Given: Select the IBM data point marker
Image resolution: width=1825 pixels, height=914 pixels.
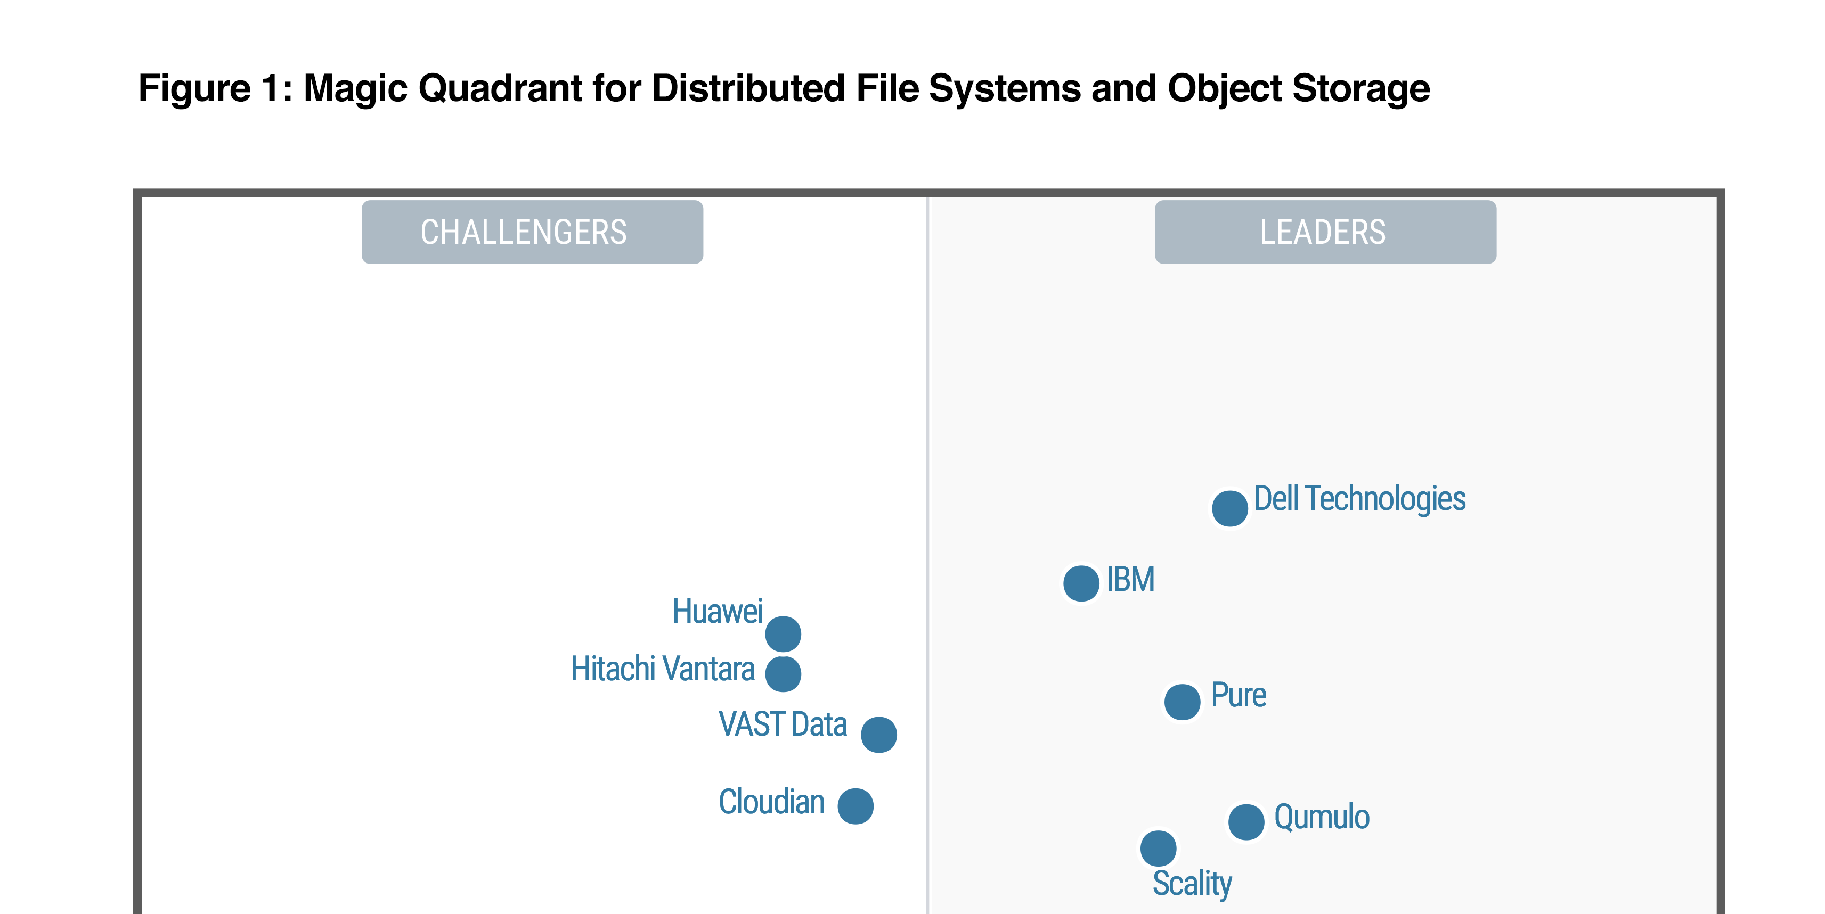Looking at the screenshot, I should click(1081, 583).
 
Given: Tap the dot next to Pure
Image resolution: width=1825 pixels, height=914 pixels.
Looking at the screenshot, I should click(1182, 702).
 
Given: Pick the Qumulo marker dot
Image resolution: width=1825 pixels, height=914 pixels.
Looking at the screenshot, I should click(1246, 822).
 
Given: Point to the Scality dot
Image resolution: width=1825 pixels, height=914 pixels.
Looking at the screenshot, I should click(1158, 848).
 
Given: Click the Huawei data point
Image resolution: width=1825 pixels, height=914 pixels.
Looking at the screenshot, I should click(783, 633).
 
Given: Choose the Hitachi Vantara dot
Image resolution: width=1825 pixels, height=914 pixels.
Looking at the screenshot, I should click(783, 673).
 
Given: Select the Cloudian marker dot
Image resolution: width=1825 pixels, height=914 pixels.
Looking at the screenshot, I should click(855, 806).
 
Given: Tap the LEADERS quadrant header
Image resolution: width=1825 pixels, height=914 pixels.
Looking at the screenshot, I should click(1325, 232).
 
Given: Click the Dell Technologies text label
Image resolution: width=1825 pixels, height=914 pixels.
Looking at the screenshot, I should click(1359, 499).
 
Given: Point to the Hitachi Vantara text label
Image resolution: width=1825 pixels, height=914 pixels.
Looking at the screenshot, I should click(663, 669).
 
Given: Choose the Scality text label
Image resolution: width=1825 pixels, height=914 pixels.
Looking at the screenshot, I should click(1192, 884).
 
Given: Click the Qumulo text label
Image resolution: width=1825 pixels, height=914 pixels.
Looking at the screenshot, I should click(1321, 817).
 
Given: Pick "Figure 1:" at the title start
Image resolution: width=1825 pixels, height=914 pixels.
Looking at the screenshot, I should click(215, 88).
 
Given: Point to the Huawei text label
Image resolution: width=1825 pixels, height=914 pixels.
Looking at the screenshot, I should click(717, 612).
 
